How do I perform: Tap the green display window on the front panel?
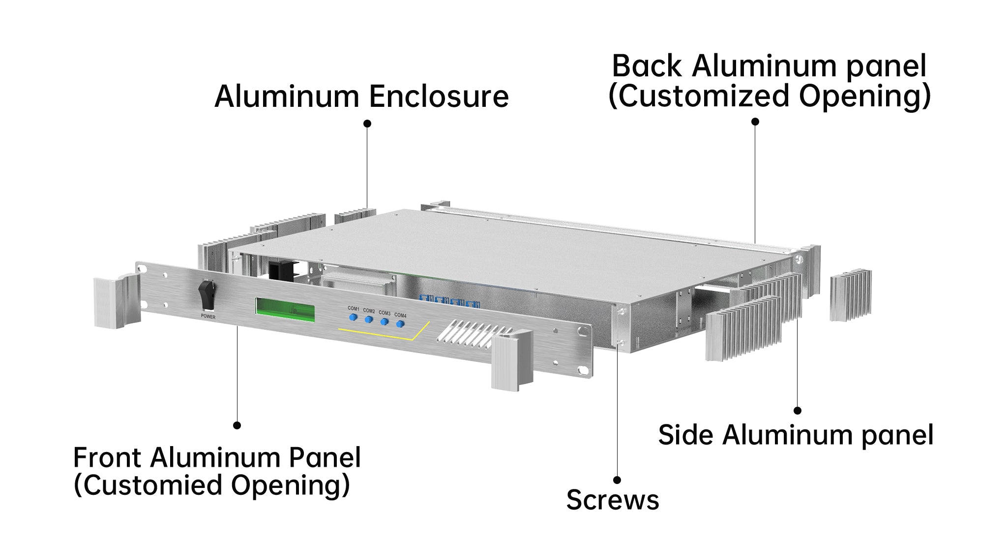[285, 309]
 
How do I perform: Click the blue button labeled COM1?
[353, 317]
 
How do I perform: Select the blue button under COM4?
[400, 324]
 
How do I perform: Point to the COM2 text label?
[369, 311]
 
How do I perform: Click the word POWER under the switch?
[208, 317]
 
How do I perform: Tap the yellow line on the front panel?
[384, 336]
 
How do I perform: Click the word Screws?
[612, 500]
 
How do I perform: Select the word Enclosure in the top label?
[439, 97]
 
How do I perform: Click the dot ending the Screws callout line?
[617, 480]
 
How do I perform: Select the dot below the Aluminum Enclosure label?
[367, 124]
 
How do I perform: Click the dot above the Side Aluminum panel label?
[798, 410]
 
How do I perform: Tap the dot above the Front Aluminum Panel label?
[237, 425]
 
